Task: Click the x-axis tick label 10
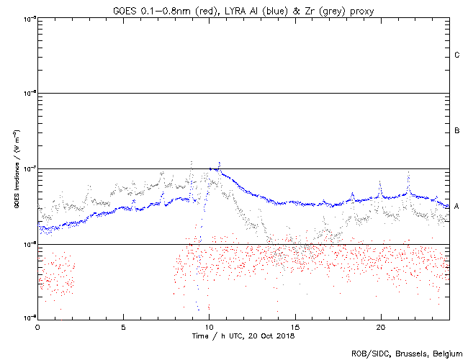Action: tap(209, 326)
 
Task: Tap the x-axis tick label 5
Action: tap(123, 326)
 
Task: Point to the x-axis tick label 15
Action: tap(294, 326)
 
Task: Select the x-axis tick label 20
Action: tap(380, 326)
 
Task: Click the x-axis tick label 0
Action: tap(37, 326)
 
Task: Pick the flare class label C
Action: tap(457, 55)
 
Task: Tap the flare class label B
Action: tap(457, 131)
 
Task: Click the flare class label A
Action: tap(457, 206)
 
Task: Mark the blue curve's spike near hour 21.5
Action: tap(409, 174)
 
